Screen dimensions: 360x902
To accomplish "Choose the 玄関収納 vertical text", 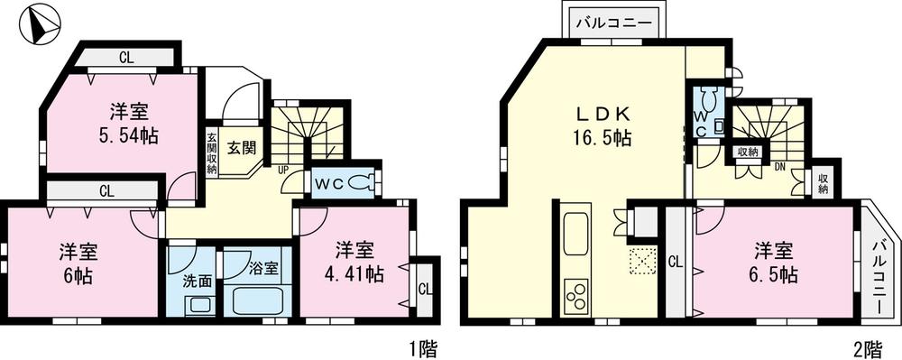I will pyautogui.click(x=211, y=153).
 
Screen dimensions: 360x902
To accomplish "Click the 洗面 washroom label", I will pyautogui.click(x=199, y=281).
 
